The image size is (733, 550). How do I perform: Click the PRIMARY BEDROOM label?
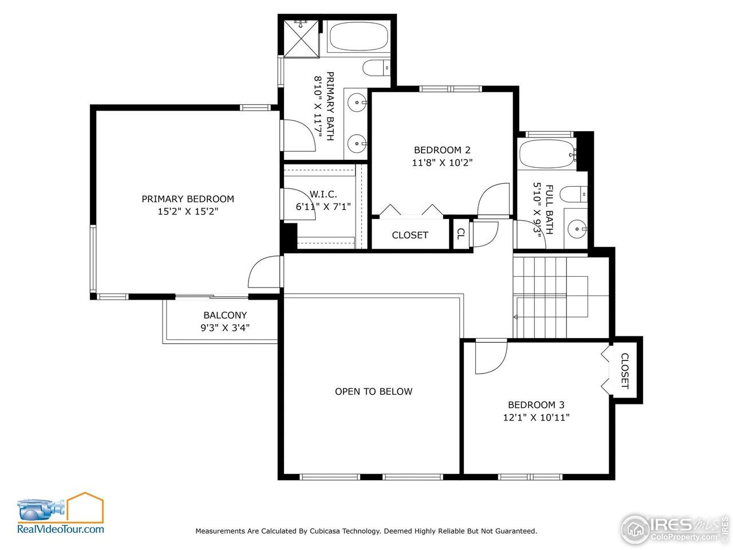coord(188,199)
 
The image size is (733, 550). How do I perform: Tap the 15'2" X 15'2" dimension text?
coord(188,211)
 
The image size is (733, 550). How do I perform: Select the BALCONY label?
coord(225,315)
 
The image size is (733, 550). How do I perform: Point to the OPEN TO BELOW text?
coord(373,391)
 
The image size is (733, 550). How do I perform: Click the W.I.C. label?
coord(324,194)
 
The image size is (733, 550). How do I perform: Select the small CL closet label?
coord(460,234)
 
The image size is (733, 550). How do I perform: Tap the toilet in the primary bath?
coord(376,68)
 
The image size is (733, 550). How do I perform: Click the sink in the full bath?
coord(577,229)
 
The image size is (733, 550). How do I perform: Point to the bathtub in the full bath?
coord(546,154)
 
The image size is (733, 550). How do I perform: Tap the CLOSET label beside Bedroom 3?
coord(625,371)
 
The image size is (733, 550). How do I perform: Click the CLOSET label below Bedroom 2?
coord(409,235)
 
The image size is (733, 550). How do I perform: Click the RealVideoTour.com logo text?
coord(61,529)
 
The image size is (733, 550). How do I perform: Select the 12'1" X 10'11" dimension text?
coord(535,418)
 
